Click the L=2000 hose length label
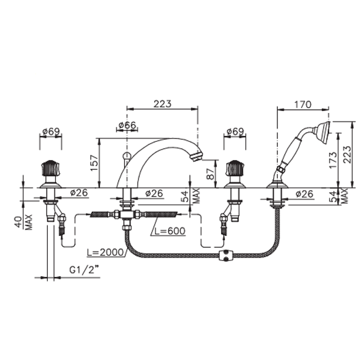[x=105, y=253]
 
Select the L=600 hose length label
[x=170, y=231]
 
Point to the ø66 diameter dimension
[x=127, y=125]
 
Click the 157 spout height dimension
[x=94, y=163]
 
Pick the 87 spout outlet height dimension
[x=210, y=174]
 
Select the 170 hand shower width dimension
[x=303, y=104]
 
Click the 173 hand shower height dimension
[x=333, y=160]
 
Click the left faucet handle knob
[x=50, y=168]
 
